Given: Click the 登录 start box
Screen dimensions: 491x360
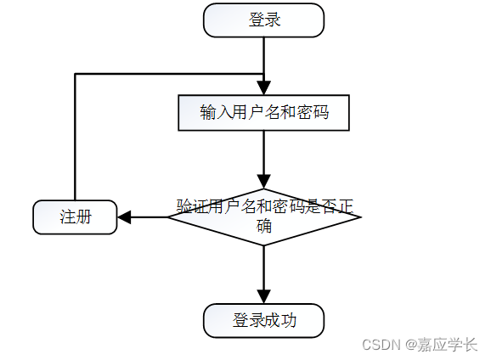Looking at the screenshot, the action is pyautogui.click(x=263, y=20).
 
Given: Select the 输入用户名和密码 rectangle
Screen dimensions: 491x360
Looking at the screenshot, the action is pyautogui.click(x=263, y=113).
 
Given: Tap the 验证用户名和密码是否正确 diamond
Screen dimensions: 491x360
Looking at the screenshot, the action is pyautogui.click(x=264, y=217).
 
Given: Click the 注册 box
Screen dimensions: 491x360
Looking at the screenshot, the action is pyautogui.click(x=75, y=217).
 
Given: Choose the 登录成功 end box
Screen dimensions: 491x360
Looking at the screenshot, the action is pyautogui.click(x=263, y=321).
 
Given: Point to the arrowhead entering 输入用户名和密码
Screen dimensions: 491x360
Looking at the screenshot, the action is pyautogui.click(x=264, y=88).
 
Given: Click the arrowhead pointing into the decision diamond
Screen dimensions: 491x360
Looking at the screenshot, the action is pyautogui.click(x=264, y=182).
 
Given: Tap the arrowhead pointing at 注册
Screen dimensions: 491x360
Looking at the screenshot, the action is pyautogui.click(x=124, y=217).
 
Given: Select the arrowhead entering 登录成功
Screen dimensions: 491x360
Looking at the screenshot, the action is pyautogui.click(x=264, y=297).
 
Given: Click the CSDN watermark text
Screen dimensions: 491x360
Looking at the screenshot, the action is pyautogui.click(x=381, y=345).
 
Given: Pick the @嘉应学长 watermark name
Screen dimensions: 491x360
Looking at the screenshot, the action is pyautogui.click(x=441, y=345).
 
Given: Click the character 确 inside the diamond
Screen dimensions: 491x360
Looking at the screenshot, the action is pyautogui.click(x=264, y=226).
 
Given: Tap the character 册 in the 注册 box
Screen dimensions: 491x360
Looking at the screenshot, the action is pyautogui.click(x=83, y=217).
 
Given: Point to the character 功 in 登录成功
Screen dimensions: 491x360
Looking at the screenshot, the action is pyautogui.click(x=289, y=320).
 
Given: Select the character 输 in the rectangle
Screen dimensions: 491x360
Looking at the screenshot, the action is pyautogui.click(x=208, y=112).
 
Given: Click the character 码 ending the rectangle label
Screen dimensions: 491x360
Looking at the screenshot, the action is pyautogui.click(x=321, y=112).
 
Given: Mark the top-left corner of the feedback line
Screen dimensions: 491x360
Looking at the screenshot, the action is pyautogui.click(x=75, y=74).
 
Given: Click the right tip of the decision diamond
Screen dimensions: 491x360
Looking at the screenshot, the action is pyautogui.click(x=361, y=217).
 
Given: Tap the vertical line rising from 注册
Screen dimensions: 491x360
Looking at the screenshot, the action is pyautogui.click(x=75, y=137).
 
